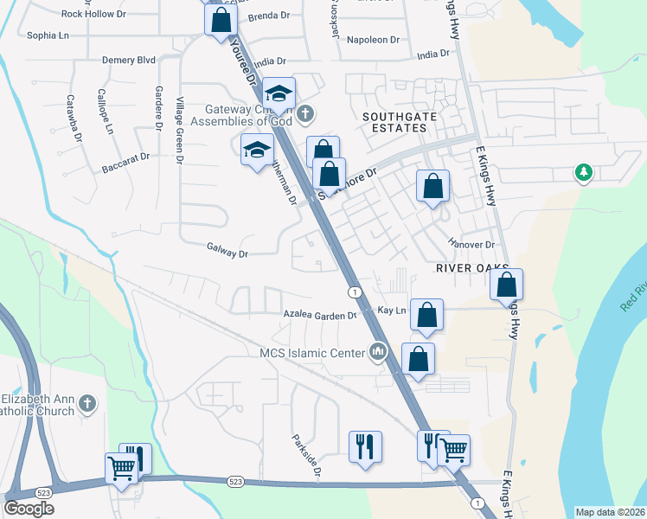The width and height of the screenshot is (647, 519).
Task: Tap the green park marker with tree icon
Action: [584, 173]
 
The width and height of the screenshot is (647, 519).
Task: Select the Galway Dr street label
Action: [227, 253]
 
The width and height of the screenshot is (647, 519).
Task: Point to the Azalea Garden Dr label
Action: [321, 316]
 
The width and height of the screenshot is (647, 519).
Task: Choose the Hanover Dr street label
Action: [471, 245]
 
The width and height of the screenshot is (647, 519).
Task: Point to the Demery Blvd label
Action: [128, 60]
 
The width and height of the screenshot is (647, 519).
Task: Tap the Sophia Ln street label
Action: [48, 35]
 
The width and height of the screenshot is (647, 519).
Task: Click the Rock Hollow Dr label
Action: [94, 14]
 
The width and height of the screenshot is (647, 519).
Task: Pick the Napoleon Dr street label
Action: [373, 40]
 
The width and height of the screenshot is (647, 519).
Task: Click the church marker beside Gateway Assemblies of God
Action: [305, 113]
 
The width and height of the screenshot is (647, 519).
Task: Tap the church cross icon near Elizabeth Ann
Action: [86, 403]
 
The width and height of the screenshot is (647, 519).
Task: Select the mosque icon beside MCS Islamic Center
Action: [377, 352]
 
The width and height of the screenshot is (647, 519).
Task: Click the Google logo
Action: [29, 509]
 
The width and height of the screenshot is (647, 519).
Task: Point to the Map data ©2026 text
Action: [611, 511]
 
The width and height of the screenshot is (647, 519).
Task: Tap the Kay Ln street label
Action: [392, 310]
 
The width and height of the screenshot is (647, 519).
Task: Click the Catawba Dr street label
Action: [74, 119]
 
